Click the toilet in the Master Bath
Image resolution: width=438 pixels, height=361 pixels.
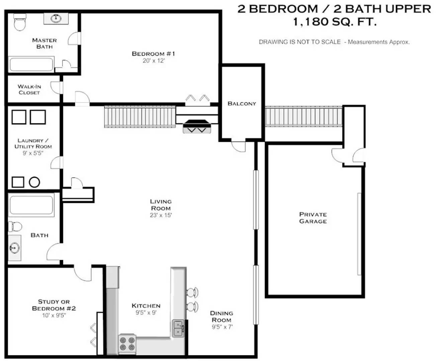(x=20, y=22)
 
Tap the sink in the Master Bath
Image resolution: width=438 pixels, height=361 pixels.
(x=56, y=18)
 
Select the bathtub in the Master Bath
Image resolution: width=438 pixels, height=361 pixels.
(x=31, y=64)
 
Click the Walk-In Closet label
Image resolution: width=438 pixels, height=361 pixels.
(x=29, y=90)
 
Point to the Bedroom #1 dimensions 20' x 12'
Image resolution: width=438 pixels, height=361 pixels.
(x=154, y=61)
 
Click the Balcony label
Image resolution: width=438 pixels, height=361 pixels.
(x=242, y=104)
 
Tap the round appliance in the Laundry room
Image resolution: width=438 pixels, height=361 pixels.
(x=34, y=182)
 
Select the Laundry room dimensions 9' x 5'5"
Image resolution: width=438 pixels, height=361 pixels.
(x=33, y=153)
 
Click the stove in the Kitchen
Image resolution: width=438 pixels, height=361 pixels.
(x=127, y=344)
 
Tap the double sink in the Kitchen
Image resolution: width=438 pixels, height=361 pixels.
(x=178, y=328)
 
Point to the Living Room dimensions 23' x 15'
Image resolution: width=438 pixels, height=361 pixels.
(x=161, y=215)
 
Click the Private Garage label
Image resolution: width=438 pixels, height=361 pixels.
(x=313, y=218)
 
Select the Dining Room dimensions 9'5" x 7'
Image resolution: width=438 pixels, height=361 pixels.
(x=222, y=327)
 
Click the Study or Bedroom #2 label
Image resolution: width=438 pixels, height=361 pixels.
(x=54, y=305)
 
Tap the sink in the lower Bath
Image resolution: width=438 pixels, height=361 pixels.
(x=14, y=248)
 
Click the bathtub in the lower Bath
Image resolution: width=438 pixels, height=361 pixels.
(x=31, y=205)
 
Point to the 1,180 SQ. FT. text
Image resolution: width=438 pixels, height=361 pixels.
(x=335, y=22)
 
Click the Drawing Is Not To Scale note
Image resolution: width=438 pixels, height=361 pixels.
(x=334, y=42)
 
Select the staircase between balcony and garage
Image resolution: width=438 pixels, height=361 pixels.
(x=304, y=116)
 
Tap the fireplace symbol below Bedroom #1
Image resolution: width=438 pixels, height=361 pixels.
(x=197, y=126)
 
